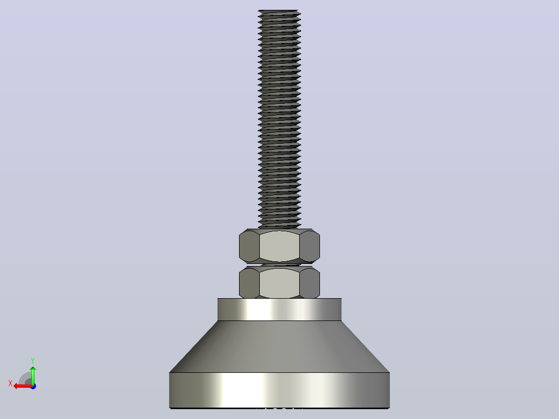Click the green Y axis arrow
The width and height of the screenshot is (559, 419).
click(33, 375)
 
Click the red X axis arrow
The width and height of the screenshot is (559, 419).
click(23, 386)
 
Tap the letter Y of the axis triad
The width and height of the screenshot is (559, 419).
click(33, 361)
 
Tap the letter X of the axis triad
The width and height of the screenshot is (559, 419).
click(10, 383)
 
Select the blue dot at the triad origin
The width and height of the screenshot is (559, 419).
click(33, 386)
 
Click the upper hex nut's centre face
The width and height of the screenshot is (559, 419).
click(279, 246)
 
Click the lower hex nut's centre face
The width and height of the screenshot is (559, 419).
click(279, 283)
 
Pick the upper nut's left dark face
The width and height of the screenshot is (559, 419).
click(249, 246)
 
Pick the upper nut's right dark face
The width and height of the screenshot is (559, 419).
click(310, 246)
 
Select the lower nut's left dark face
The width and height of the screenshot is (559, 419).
click(249, 283)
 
